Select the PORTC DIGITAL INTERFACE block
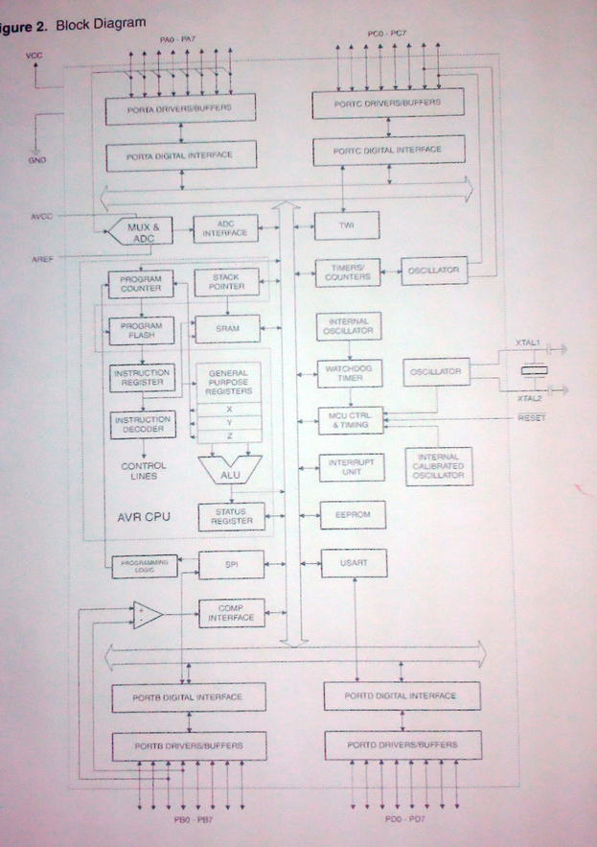point(387,151)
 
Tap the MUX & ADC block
point(143,231)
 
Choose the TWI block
point(348,227)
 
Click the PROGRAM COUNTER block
point(140,285)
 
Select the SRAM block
point(227,329)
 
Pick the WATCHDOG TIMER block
point(348,372)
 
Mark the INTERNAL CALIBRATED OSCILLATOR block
point(438,465)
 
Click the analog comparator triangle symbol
point(147,615)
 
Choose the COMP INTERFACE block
point(230,614)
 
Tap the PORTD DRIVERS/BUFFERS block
point(402,744)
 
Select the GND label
point(37,160)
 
